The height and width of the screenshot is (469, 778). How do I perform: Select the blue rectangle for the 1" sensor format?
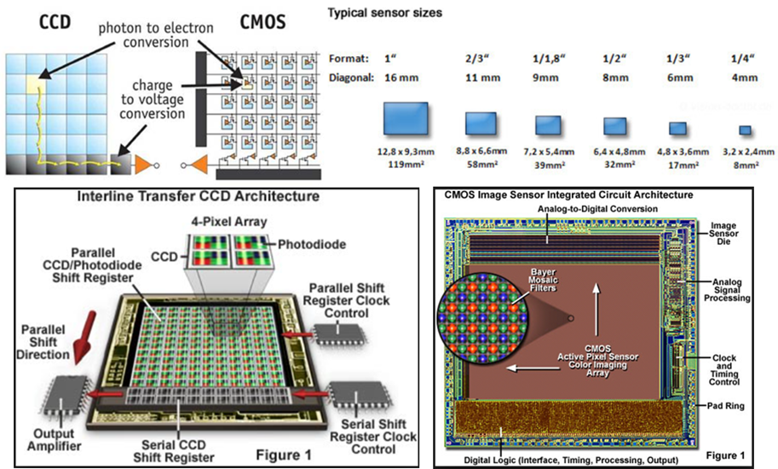pos(406,120)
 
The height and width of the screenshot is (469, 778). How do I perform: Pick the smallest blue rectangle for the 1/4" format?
pos(744,130)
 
